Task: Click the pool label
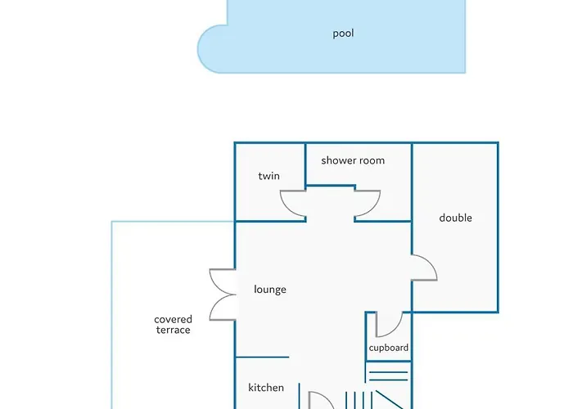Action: pyautogui.click(x=343, y=34)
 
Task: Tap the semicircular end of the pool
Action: pyautogui.click(x=211, y=49)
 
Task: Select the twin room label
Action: pyautogui.click(x=268, y=176)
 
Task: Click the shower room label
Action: pyautogui.click(x=353, y=160)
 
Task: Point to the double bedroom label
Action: pyautogui.click(x=455, y=218)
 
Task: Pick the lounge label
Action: pyautogui.click(x=270, y=290)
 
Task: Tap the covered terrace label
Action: pyautogui.click(x=173, y=325)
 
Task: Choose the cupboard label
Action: pyautogui.click(x=388, y=348)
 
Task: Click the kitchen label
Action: pyautogui.click(x=266, y=388)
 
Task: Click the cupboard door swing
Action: pyautogui.click(x=388, y=326)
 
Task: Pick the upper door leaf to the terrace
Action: pyautogui.click(x=222, y=281)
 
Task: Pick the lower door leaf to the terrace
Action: pyautogui.click(x=222, y=308)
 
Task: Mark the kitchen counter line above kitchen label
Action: pyautogui.click(x=262, y=357)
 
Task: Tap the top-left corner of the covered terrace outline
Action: pyautogui.click(x=112, y=222)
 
